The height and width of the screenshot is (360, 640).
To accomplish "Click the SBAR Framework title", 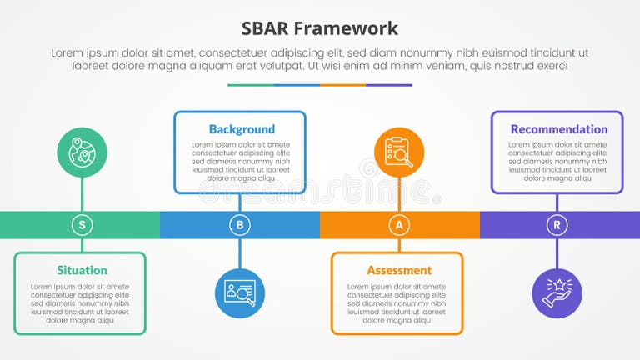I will coord(320,28).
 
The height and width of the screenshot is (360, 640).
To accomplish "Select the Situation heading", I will coord(82,270).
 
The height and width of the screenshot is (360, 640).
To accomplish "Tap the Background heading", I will coord(242,129).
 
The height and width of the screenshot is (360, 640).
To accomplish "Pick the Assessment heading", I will coord(399,270).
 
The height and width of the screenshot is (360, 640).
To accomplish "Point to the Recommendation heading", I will coord(559,129).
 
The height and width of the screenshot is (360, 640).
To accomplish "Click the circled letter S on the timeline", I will coord(82,224).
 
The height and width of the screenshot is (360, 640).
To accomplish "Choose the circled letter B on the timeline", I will coord(240,224).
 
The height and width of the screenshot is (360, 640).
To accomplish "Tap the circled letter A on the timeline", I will coord(399,224).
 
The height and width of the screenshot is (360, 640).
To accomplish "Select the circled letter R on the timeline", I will coord(557,224).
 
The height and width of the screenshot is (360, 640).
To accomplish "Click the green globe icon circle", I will coord(82,152).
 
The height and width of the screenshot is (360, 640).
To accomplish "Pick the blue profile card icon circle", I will coord(240,292).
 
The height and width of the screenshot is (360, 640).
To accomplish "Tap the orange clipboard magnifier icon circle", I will coord(399,152).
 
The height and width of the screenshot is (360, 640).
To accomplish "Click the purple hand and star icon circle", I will coord(557,292).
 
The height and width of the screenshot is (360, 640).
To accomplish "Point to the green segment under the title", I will coord(250,84).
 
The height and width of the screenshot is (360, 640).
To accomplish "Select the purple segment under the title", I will coord(389,84).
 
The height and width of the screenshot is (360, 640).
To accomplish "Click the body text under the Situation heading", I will coord(80,303).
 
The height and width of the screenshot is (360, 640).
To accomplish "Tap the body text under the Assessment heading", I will coord(397,303).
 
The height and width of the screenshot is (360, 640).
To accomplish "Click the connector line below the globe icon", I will coord(82,194).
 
